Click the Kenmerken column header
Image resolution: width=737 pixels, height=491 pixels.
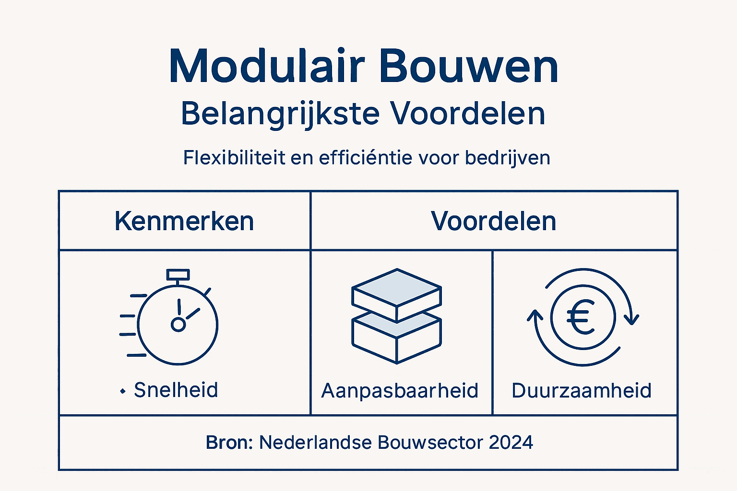pyautogui.click(x=184, y=221)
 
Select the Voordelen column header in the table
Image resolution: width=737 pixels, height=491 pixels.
pyautogui.click(x=493, y=221)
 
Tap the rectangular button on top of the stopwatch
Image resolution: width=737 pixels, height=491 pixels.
pyautogui.click(x=178, y=275)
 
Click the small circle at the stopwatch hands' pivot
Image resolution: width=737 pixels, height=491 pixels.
pyautogui.click(x=178, y=325)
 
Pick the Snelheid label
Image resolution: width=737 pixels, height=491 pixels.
pyautogui.click(x=176, y=390)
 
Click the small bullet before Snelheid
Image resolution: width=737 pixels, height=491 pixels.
pyautogui.click(x=123, y=392)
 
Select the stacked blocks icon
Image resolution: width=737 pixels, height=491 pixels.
pyautogui.click(x=396, y=316)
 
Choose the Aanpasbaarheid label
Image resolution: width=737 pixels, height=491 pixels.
pyautogui.click(x=400, y=391)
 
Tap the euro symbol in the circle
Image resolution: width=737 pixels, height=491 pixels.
pyautogui.click(x=581, y=317)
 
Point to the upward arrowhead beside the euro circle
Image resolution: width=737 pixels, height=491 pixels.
pyautogui.click(x=535, y=316)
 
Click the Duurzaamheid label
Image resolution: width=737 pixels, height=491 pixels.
pyautogui.click(x=582, y=391)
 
